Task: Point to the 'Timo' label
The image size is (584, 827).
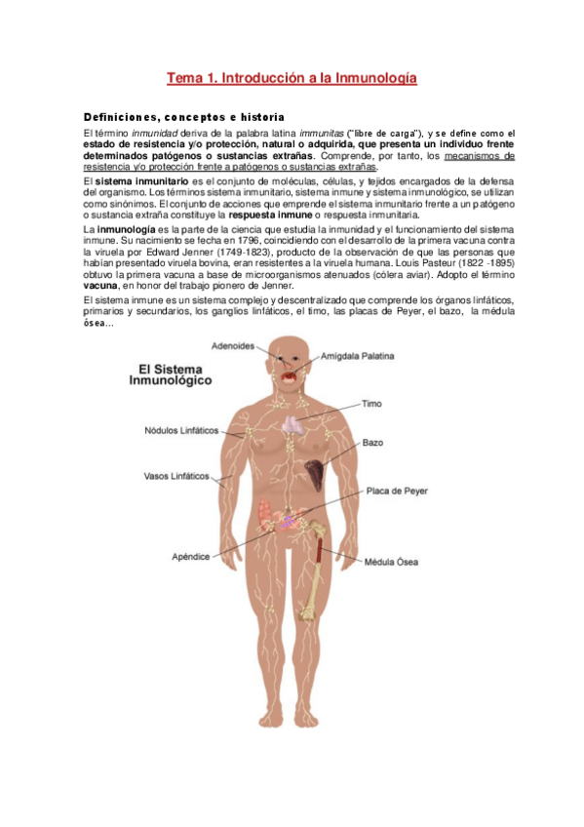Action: tap(371, 403)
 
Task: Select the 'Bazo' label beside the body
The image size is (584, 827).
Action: tap(372, 443)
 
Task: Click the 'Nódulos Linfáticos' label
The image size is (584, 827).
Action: tap(181, 429)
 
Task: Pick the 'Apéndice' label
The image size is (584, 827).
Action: tap(190, 556)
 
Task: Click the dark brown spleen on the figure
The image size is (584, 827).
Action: tap(314, 474)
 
